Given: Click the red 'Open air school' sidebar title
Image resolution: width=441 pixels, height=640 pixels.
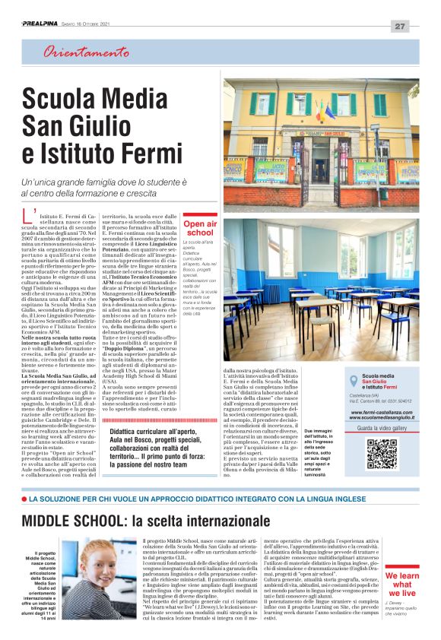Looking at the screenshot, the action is pos(200,228).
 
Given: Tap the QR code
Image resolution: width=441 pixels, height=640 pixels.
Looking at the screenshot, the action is pos(382,454).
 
